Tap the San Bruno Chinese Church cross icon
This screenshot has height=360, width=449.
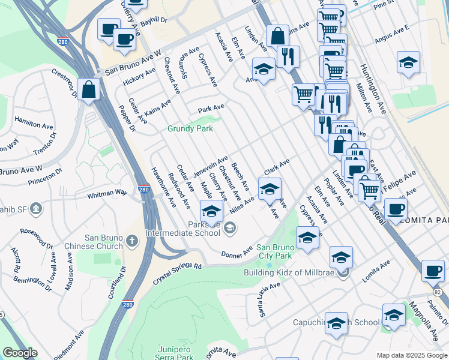point(132,241)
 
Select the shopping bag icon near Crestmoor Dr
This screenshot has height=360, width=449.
point(88,90)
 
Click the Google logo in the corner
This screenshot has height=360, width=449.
point(20,353)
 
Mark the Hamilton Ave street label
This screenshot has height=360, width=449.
point(34,125)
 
